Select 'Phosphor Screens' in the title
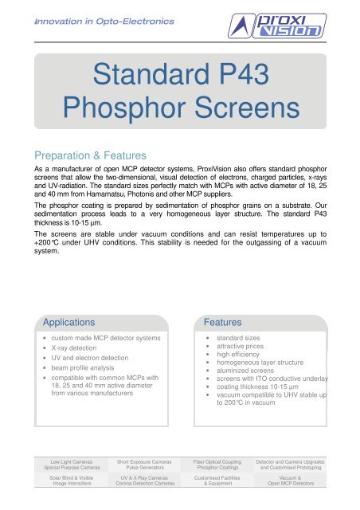(179, 115)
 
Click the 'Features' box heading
(224, 322)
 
